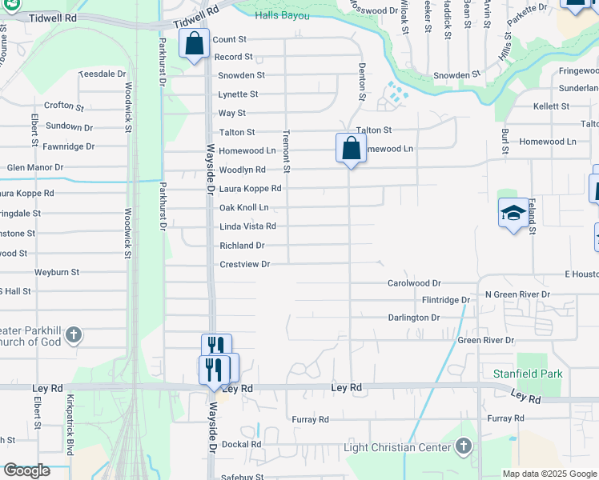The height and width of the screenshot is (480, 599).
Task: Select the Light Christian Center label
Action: (x=396, y=447)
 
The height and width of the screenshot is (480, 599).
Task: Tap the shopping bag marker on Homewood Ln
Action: (x=351, y=148)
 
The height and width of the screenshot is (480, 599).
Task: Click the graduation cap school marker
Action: (x=513, y=214)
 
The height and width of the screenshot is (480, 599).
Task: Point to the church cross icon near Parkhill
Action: (x=73, y=334)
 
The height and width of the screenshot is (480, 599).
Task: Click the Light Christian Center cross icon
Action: (x=464, y=447)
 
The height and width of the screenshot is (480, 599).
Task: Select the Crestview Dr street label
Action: (x=244, y=264)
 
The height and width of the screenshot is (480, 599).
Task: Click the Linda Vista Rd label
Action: (x=247, y=226)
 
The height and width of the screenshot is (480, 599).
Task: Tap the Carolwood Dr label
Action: (x=414, y=283)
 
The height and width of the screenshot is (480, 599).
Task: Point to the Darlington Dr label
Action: (x=414, y=318)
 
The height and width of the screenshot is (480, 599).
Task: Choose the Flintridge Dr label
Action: (x=445, y=300)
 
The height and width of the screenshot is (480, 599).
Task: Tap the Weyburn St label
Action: (x=57, y=272)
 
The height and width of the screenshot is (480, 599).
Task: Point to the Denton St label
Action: (x=362, y=82)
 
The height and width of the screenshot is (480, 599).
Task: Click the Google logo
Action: (x=26, y=470)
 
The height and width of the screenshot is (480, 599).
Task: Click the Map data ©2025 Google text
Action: (x=549, y=474)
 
